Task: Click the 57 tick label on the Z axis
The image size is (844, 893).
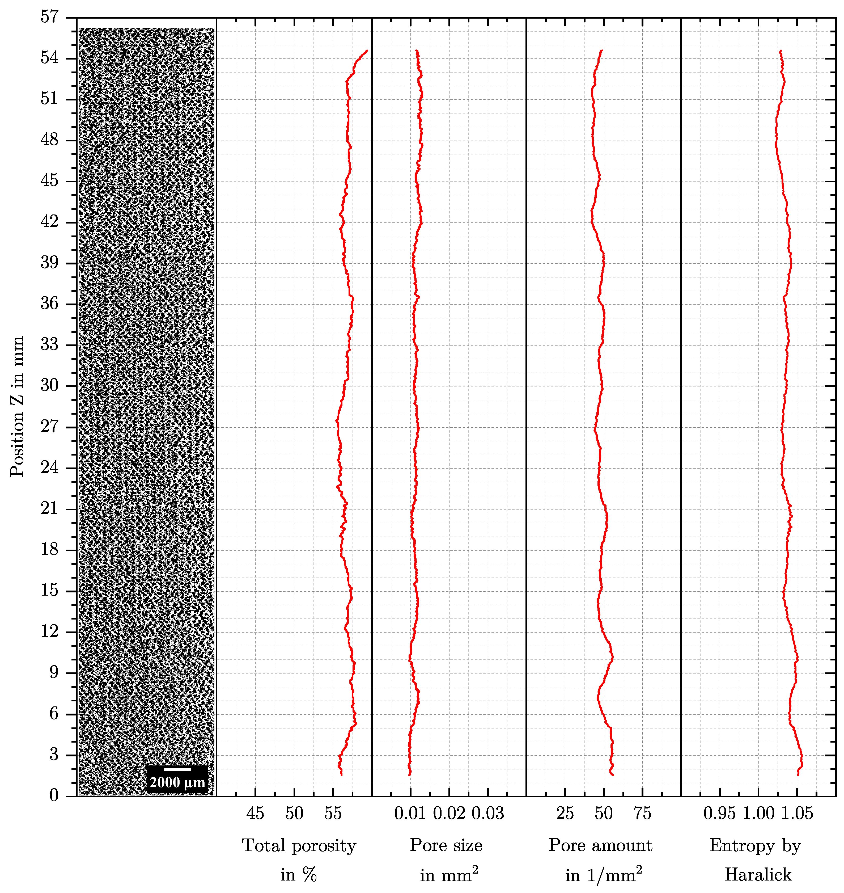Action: (x=49, y=17)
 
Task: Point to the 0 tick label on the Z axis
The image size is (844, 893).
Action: (x=54, y=795)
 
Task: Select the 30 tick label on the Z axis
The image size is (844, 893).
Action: (x=49, y=385)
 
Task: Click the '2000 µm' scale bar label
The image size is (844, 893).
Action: (x=177, y=782)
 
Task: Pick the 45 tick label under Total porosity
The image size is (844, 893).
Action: (x=255, y=813)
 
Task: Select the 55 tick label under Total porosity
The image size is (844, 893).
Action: (x=333, y=813)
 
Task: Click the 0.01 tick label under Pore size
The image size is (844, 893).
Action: (x=410, y=813)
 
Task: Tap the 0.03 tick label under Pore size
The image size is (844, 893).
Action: (x=488, y=813)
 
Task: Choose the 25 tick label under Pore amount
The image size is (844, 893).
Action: (x=565, y=813)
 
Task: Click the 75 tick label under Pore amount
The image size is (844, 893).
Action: (x=642, y=813)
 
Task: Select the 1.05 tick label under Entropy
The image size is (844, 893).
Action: (x=797, y=813)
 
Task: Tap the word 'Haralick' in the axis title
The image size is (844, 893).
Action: (x=758, y=875)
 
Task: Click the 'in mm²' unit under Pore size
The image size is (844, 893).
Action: (x=448, y=875)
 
